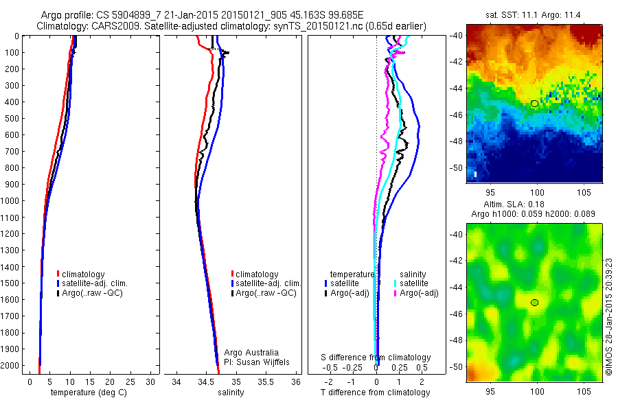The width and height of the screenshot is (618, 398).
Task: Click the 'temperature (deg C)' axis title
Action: (84, 393)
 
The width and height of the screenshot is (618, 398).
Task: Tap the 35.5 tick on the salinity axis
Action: (266, 382)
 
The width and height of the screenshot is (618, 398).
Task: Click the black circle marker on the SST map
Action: (534, 103)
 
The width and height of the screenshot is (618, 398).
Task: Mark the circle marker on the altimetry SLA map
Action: (534, 302)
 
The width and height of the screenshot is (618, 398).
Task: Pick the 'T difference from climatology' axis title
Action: (376, 393)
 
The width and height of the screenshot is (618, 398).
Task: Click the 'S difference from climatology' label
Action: (376, 358)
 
